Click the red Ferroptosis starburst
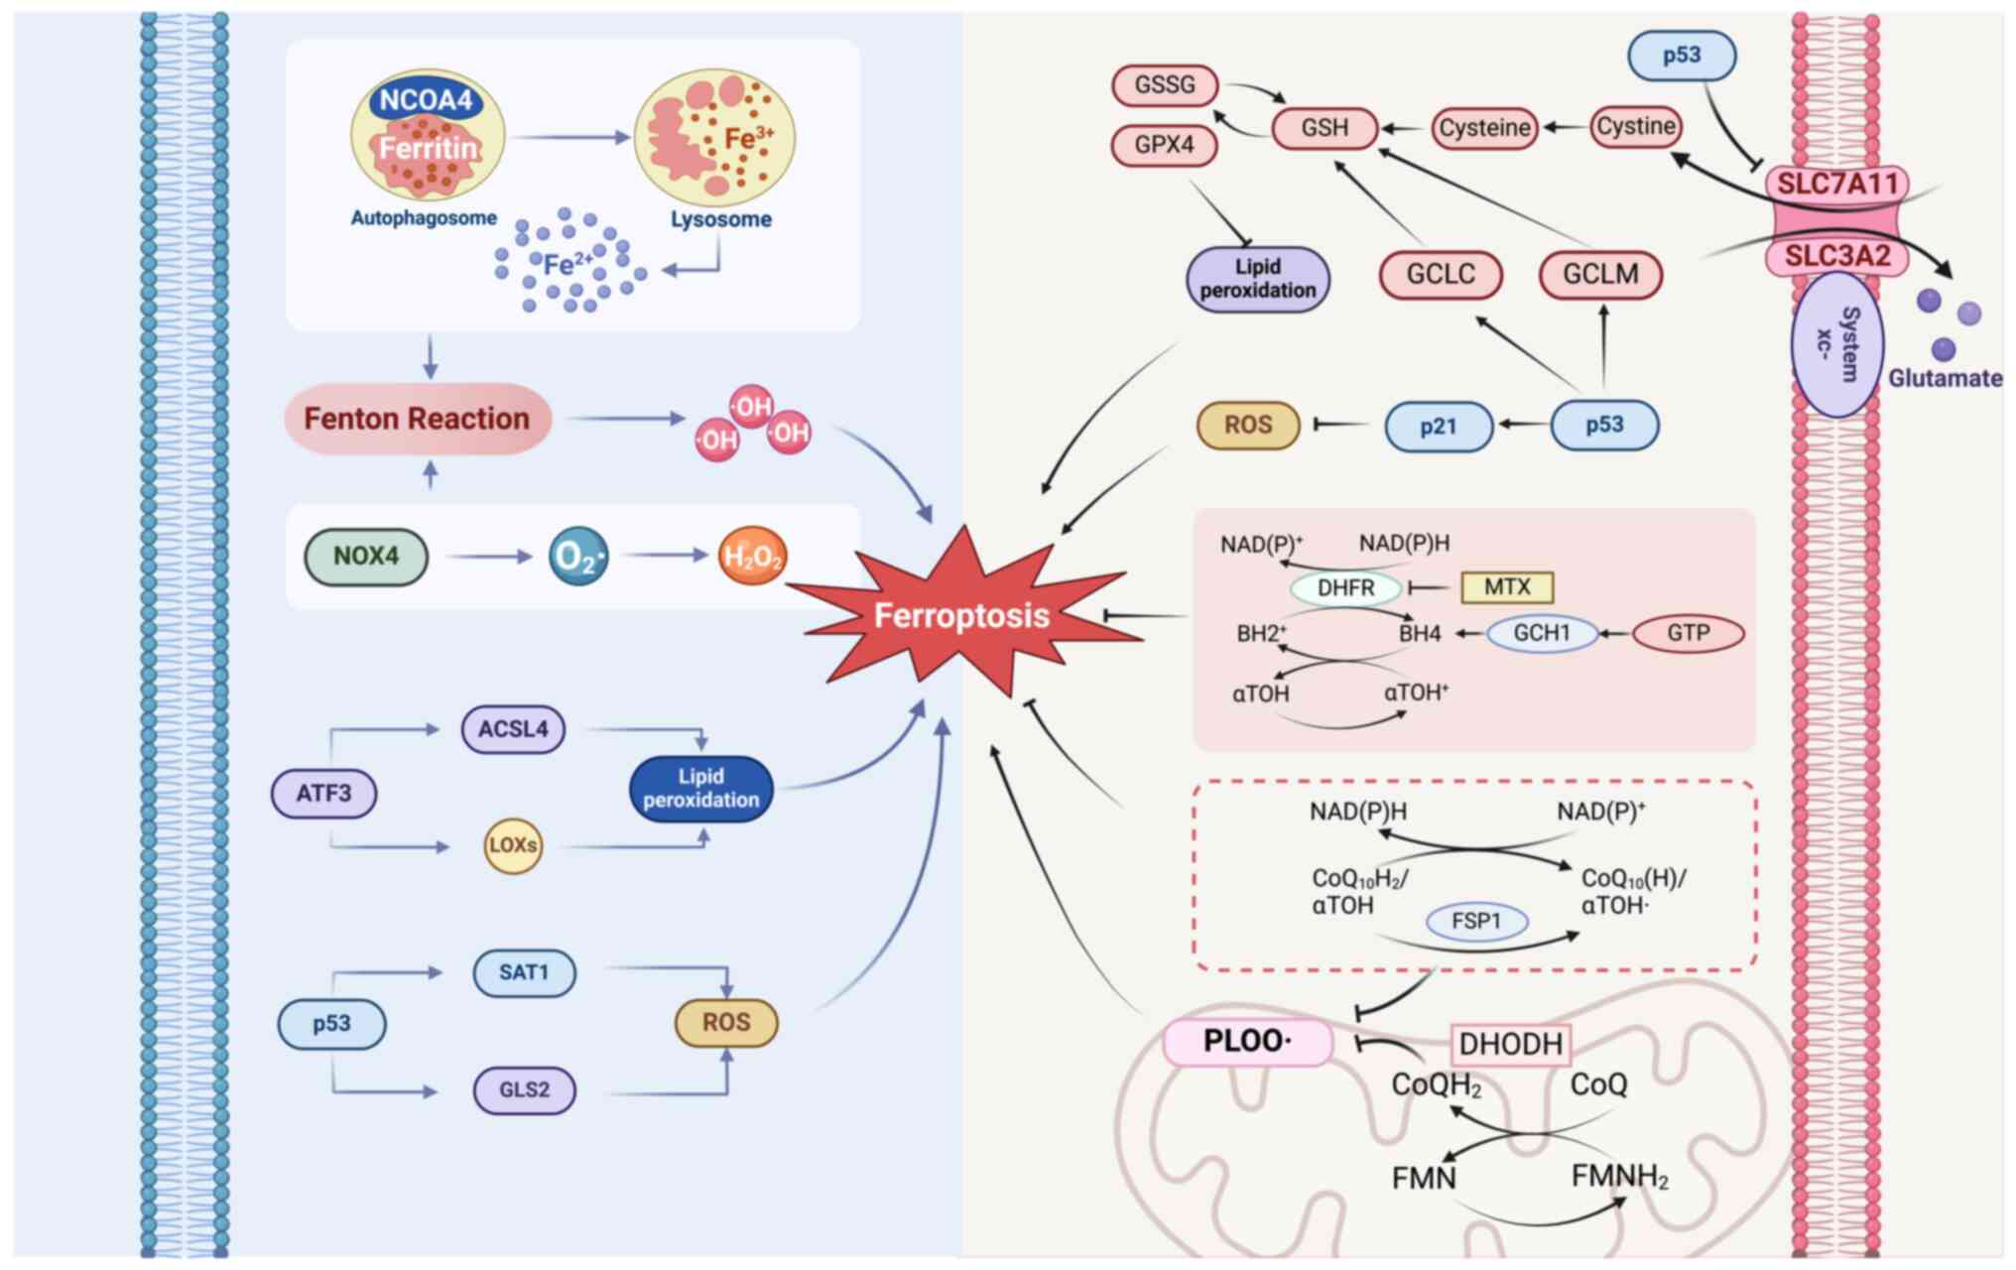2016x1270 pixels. (960, 615)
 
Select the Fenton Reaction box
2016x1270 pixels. (417, 419)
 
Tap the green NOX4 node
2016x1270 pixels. (366, 557)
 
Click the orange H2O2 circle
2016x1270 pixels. (752, 556)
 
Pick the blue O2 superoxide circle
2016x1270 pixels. (577, 556)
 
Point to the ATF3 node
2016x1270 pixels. (323, 794)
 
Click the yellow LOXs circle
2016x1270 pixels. (513, 845)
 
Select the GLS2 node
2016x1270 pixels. (524, 1089)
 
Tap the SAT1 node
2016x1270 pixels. (524, 972)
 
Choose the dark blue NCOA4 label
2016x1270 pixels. (426, 100)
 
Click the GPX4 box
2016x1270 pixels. (1164, 145)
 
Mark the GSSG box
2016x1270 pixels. (1165, 85)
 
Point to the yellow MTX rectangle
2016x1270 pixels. (1507, 587)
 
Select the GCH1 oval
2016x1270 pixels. (1542, 633)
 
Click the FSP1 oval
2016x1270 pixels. (1476, 921)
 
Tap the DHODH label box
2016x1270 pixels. (1510, 1044)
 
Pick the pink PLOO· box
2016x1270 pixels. (1247, 1042)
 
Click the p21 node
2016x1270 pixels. (1438, 427)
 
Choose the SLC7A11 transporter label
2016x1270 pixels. (1836, 184)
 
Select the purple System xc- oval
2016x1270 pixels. (1836, 343)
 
